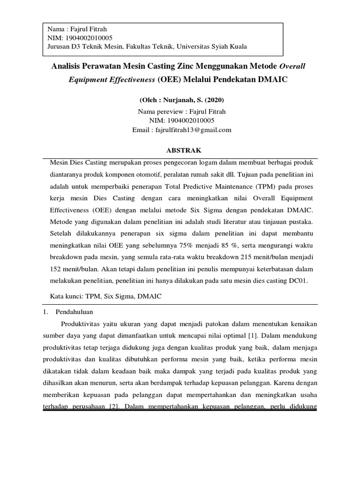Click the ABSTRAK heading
pos(181,151)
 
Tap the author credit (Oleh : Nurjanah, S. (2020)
pos(182,100)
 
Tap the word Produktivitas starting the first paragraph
pos(82,323)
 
